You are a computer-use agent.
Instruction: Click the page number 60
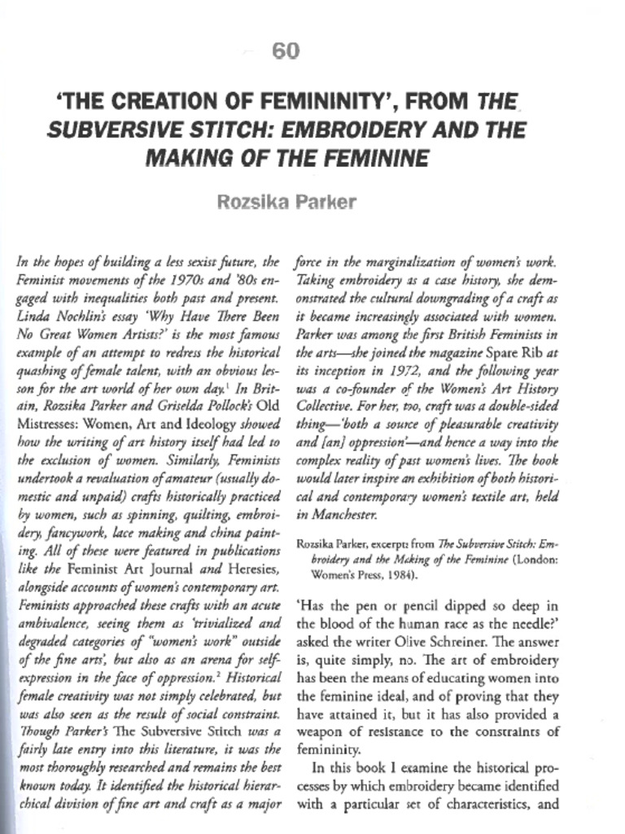pos(286,52)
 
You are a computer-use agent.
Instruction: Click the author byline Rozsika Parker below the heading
pos(286,201)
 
